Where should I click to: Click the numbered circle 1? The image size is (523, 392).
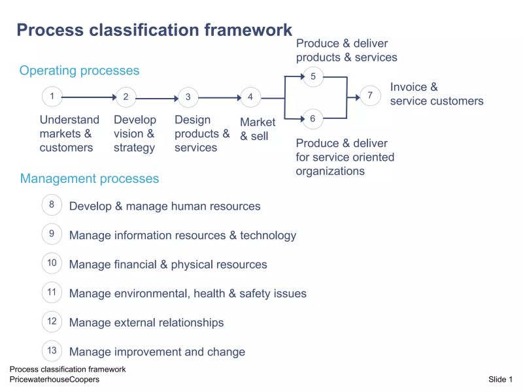[52, 97]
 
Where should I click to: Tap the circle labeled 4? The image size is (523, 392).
[250, 97]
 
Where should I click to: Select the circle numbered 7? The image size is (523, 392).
[370, 96]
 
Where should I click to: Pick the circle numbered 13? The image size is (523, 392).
[52, 350]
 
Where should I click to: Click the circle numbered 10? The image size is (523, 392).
[52, 263]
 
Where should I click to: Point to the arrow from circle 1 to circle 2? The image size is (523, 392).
[88, 97]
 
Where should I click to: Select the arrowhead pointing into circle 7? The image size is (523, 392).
[356, 97]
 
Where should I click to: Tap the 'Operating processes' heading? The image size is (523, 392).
[79, 71]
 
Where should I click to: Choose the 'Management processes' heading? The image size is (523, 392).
[90, 178]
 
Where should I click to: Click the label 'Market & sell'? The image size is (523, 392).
[258, 129]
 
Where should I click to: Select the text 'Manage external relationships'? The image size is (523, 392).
[146, 323]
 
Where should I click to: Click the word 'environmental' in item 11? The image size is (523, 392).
[151, 293]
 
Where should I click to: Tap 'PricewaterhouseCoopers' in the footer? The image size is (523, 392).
[54, 380]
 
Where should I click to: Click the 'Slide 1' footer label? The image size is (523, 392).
[500, 380]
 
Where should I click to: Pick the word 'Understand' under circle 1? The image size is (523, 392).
[69, 120]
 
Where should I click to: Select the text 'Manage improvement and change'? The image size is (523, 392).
[157, 351]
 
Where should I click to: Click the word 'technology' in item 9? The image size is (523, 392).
[268, 235]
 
